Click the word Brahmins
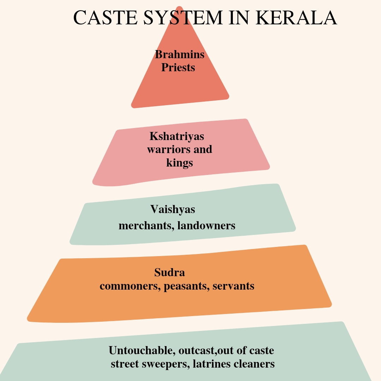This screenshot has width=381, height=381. (180, 54)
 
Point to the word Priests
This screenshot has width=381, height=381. (178, 67)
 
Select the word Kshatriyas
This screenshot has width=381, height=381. (177, 136)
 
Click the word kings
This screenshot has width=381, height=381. (180, 163)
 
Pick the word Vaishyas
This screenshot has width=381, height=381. (173, 209)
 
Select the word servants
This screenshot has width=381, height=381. (234, 286)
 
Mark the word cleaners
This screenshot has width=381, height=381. (254, 364)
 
